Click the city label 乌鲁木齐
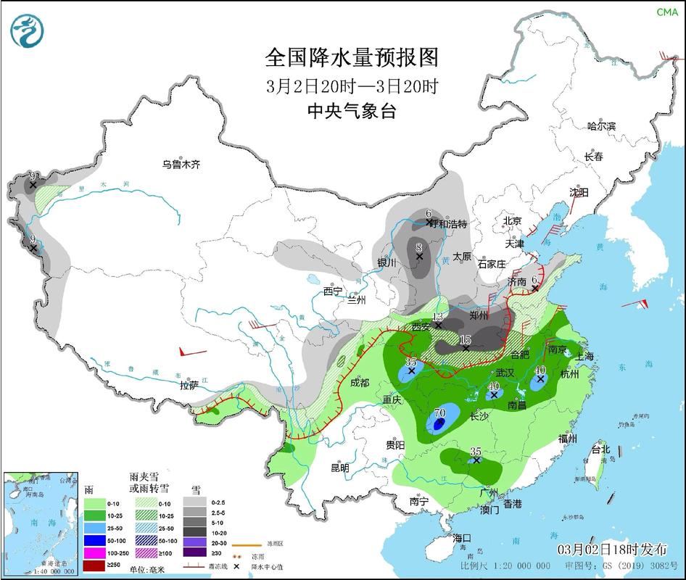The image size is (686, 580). click(x=181, y=165)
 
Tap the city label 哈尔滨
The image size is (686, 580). click(x=601, y=126)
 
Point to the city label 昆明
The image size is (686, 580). click(x=340, y=468)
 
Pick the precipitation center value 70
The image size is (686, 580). click(x=439, y=413)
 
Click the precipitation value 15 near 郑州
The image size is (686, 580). click(x=466, y=339)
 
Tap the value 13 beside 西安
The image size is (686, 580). click(x=437, y=317)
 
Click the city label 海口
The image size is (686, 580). click(x=462, y=538)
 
